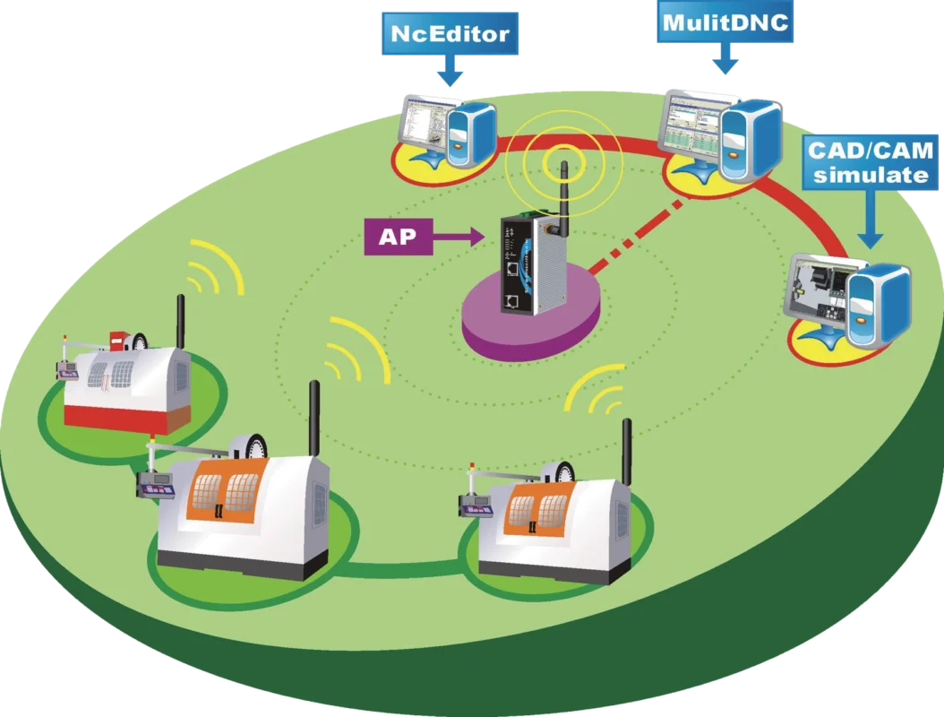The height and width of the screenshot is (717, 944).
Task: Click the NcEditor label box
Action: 451,34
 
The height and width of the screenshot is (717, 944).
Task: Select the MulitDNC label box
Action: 725,22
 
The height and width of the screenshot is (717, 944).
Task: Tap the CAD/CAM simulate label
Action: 869,161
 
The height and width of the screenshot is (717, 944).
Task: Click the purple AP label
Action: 397,237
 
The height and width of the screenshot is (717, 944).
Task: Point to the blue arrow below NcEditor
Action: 451,73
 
